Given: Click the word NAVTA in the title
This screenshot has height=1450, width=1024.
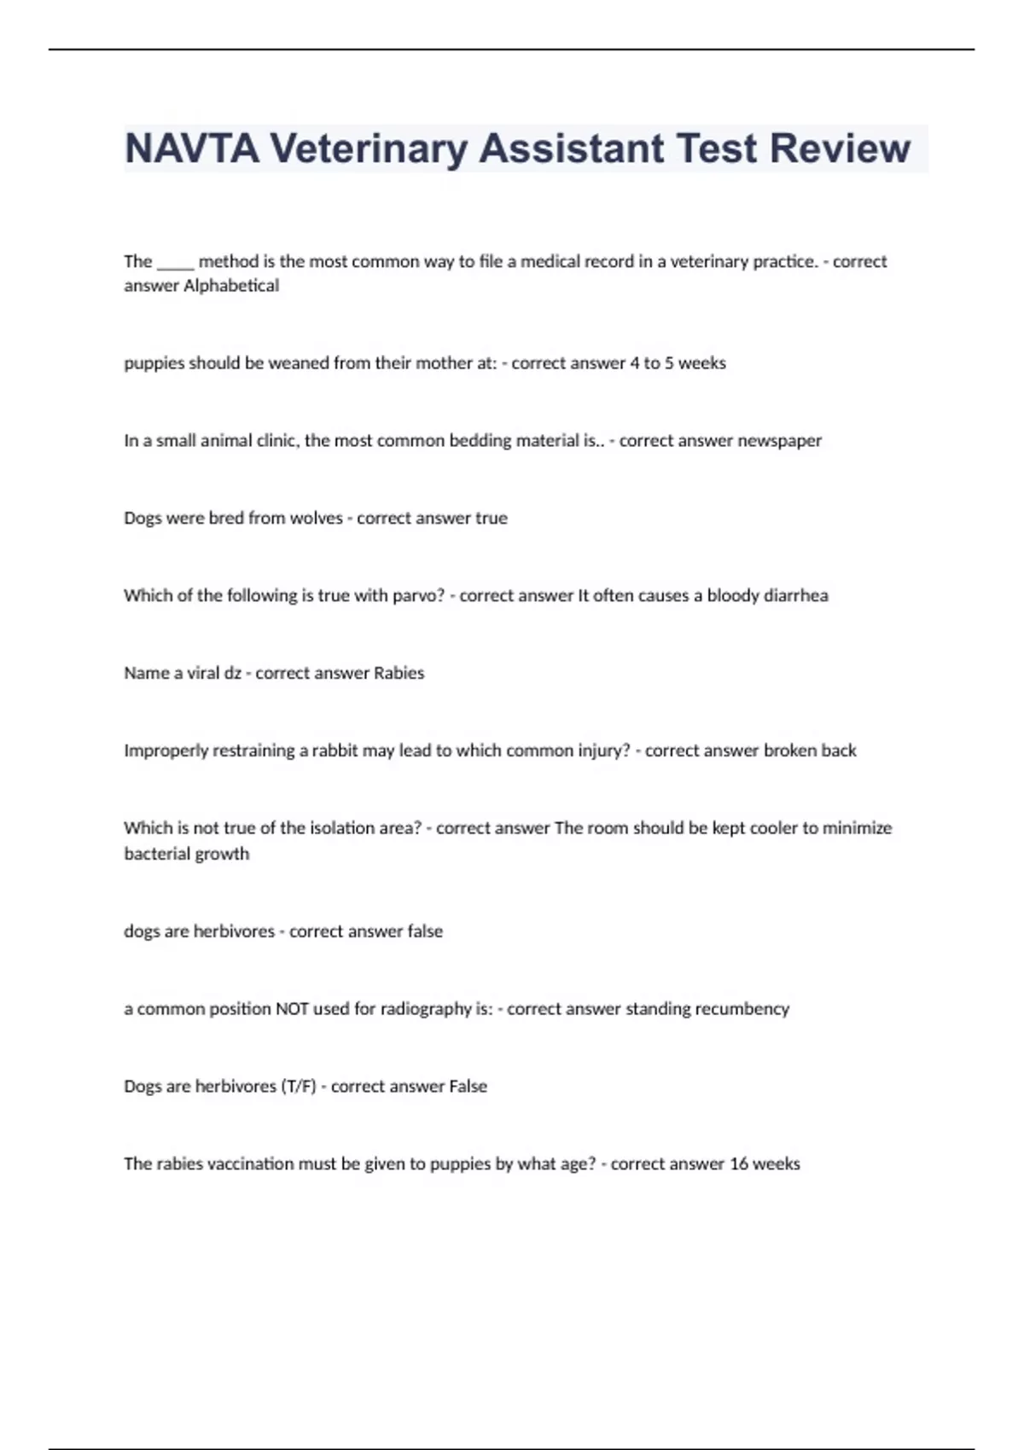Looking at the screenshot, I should point(192,148).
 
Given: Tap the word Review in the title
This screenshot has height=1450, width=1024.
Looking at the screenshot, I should point(840,148).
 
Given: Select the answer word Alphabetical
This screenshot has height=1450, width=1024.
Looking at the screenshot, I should point(231,286).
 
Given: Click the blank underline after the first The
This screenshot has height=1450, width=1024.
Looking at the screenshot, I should point(176,263).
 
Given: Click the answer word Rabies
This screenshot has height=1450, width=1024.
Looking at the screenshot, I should point(399,673).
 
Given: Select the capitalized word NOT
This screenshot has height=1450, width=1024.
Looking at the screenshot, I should point(292,1009).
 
